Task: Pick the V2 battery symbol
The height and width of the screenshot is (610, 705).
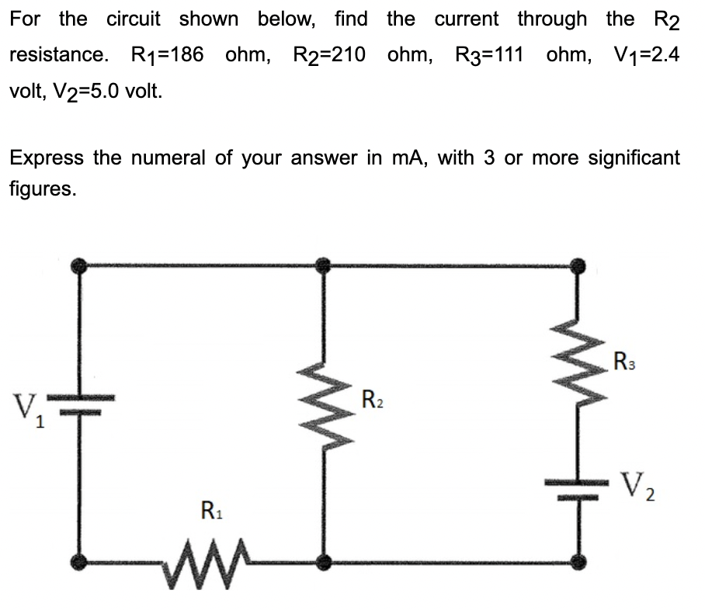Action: (x=576, y=487)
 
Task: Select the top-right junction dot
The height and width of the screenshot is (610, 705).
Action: (x=576, y=266)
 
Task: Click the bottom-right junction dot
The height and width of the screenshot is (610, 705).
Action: (x=576, y=560)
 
